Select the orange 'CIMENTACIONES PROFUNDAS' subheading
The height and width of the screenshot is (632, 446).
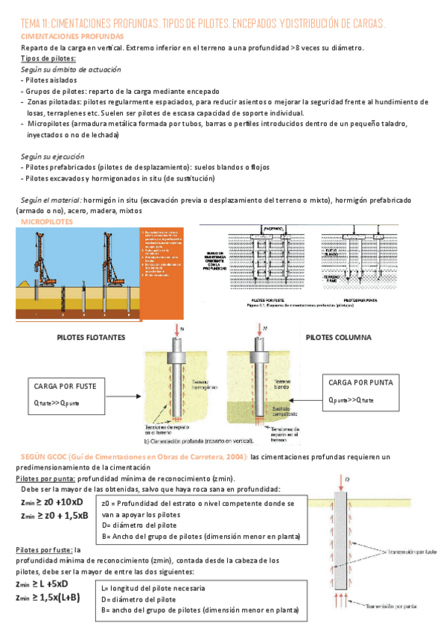[x=72, y=36]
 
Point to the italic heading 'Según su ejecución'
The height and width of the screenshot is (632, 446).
[x=52, y=157]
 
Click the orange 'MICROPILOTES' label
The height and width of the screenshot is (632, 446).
[x=46, y=222]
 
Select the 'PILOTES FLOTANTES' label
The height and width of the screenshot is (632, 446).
[x=91, y=337]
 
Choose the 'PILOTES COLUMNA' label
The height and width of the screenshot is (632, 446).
[x=337, y=337]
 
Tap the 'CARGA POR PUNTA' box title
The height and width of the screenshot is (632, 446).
[x=360, y=382]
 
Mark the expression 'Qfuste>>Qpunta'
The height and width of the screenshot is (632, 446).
[x=57, y=403]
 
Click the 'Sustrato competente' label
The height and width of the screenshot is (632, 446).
[x=287, y=413]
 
